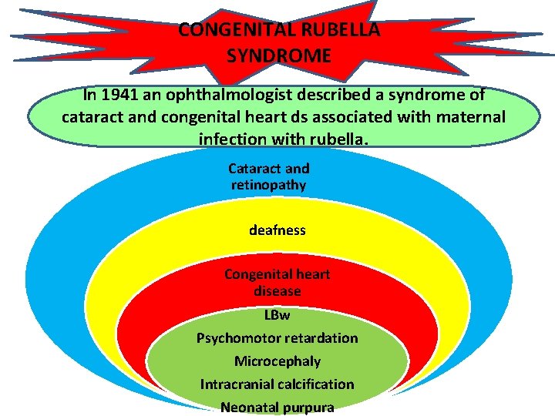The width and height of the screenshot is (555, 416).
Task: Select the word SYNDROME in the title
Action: click(x=279, y=55)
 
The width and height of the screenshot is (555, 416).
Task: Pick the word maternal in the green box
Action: click(x=469, y=117)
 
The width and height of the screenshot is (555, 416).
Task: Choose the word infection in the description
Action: click(x=233, y=139)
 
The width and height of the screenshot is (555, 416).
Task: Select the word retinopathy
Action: click(x=268, y=185)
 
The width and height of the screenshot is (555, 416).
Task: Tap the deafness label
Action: click(x=277, y=230)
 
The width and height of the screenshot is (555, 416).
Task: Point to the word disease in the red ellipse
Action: click(x=277, y=291)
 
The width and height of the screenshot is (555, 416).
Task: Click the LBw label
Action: click(x=277, y=315)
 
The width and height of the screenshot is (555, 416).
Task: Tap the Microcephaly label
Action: click(x=277, y=361)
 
